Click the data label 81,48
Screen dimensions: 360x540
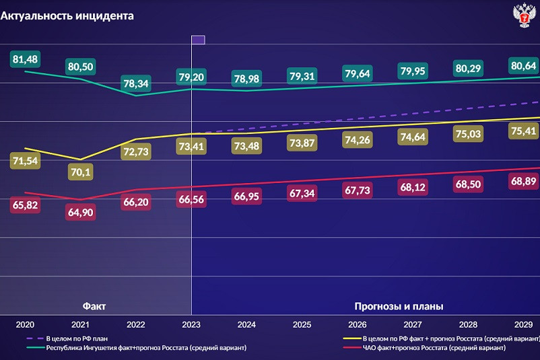click(x=25, y=59)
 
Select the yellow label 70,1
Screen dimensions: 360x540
click(x=79, y=173)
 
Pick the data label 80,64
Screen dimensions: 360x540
click(x=523, y=65)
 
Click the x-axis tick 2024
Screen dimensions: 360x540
click(x=246, y=324)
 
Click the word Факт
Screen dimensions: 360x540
click(x=94, y=306)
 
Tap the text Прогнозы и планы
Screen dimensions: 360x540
click(x=399, y=306)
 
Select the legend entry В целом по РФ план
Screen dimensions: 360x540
click(x=77, y=338)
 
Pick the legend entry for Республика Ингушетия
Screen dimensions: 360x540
click(x=145, y=348)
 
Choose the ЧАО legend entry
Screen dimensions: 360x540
click(x=434, y=348)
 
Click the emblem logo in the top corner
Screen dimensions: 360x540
click(x=524, y=15)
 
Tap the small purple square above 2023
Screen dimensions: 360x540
click(x=198, y=40)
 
